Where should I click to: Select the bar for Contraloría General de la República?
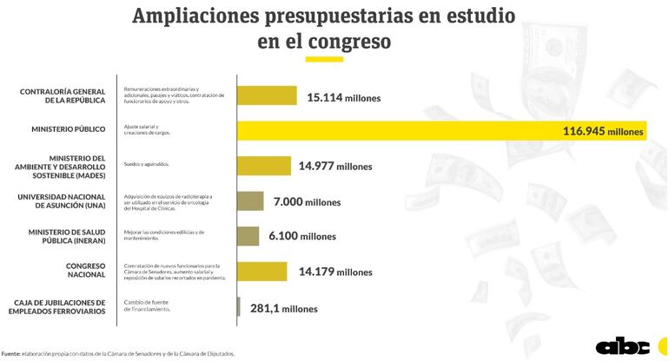[268, 96]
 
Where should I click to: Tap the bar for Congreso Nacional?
[262, 271]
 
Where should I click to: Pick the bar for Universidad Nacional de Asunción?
[250, 201]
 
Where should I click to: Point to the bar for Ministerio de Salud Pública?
[248, 235]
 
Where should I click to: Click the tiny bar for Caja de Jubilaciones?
[239, 306]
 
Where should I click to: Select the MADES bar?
[265, 166]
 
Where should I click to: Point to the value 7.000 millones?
[307, 202]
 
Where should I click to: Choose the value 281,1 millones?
[283, 308]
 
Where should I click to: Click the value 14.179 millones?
[335, 272]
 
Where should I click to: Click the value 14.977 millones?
[335, 167]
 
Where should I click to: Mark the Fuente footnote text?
[117, 353]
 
